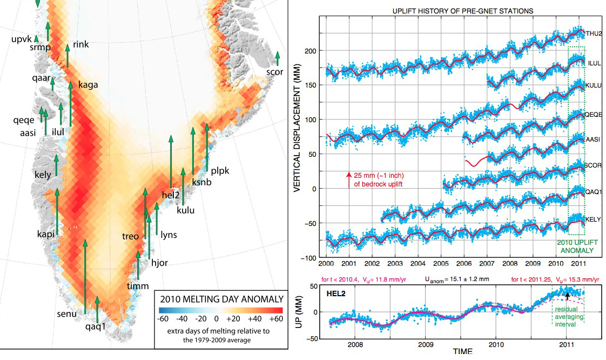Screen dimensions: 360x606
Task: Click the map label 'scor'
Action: click(x=274, y=72)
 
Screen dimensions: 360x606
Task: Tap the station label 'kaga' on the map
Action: click(x=88, y=84)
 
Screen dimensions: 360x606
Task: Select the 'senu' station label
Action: click(x=66, y=314)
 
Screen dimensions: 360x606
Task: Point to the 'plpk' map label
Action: click(x=220, y=171)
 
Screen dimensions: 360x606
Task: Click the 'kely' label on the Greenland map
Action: click(x=43, y=175)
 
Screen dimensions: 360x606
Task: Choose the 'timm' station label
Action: click(x=137, y=286)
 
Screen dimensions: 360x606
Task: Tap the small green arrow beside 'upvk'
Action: click(x=36, y=38)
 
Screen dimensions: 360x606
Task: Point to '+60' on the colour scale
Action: click(x=275, y=319)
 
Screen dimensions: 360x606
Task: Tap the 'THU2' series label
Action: click(x=595, y=34)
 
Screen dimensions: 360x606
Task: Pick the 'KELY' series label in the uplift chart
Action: click(x=594, y=219)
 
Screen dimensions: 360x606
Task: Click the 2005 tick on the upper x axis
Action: click(x=442, y=263)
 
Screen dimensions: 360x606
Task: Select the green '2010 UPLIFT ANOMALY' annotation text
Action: click(x=576, y=247)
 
